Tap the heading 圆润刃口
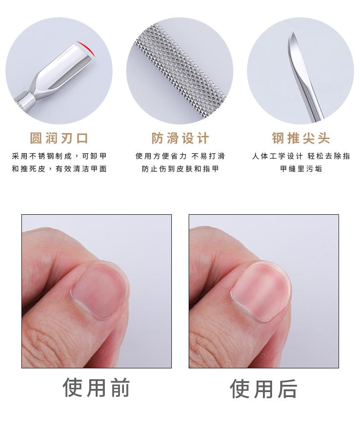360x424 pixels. coord(59,138)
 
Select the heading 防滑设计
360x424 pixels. coord(180,138)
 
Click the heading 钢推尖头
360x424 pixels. coord(301,138)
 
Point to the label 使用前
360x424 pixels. coord(97,388)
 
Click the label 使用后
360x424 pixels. coord(263,388)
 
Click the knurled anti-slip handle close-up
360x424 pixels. coord(180,71)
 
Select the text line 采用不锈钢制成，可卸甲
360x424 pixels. coord(59,156)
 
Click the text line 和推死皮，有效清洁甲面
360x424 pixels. coord(59,169)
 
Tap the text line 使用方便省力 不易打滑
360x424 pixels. coord(180,156)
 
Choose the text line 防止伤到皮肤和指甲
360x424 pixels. coord(180,169)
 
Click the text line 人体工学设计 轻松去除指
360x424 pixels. coord(301,156)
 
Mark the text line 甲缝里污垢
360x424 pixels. coord(301,169)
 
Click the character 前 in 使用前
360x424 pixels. coord(120,388)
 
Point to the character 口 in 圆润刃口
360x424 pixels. coord(82,138)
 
